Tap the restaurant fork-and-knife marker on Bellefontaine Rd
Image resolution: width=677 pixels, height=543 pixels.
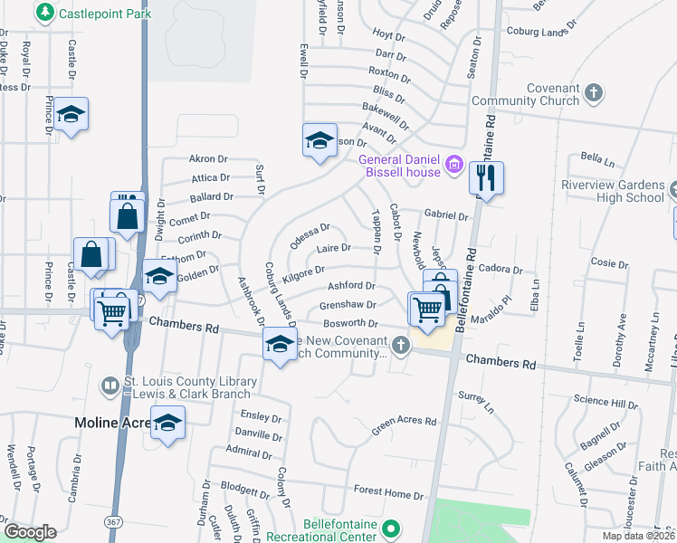coord(487,178)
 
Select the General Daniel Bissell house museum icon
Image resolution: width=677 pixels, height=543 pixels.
coord(454,166)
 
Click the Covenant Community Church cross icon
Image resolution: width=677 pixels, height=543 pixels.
coord(593,92)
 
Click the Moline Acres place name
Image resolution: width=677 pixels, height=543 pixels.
coord(115,423)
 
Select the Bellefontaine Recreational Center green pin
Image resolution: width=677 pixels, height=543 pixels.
coord(391,528)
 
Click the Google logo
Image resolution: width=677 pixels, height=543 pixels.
coord(29,532)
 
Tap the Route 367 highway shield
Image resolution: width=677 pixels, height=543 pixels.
coord(113,523)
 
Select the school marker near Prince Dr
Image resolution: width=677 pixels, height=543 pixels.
coord(70,114)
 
